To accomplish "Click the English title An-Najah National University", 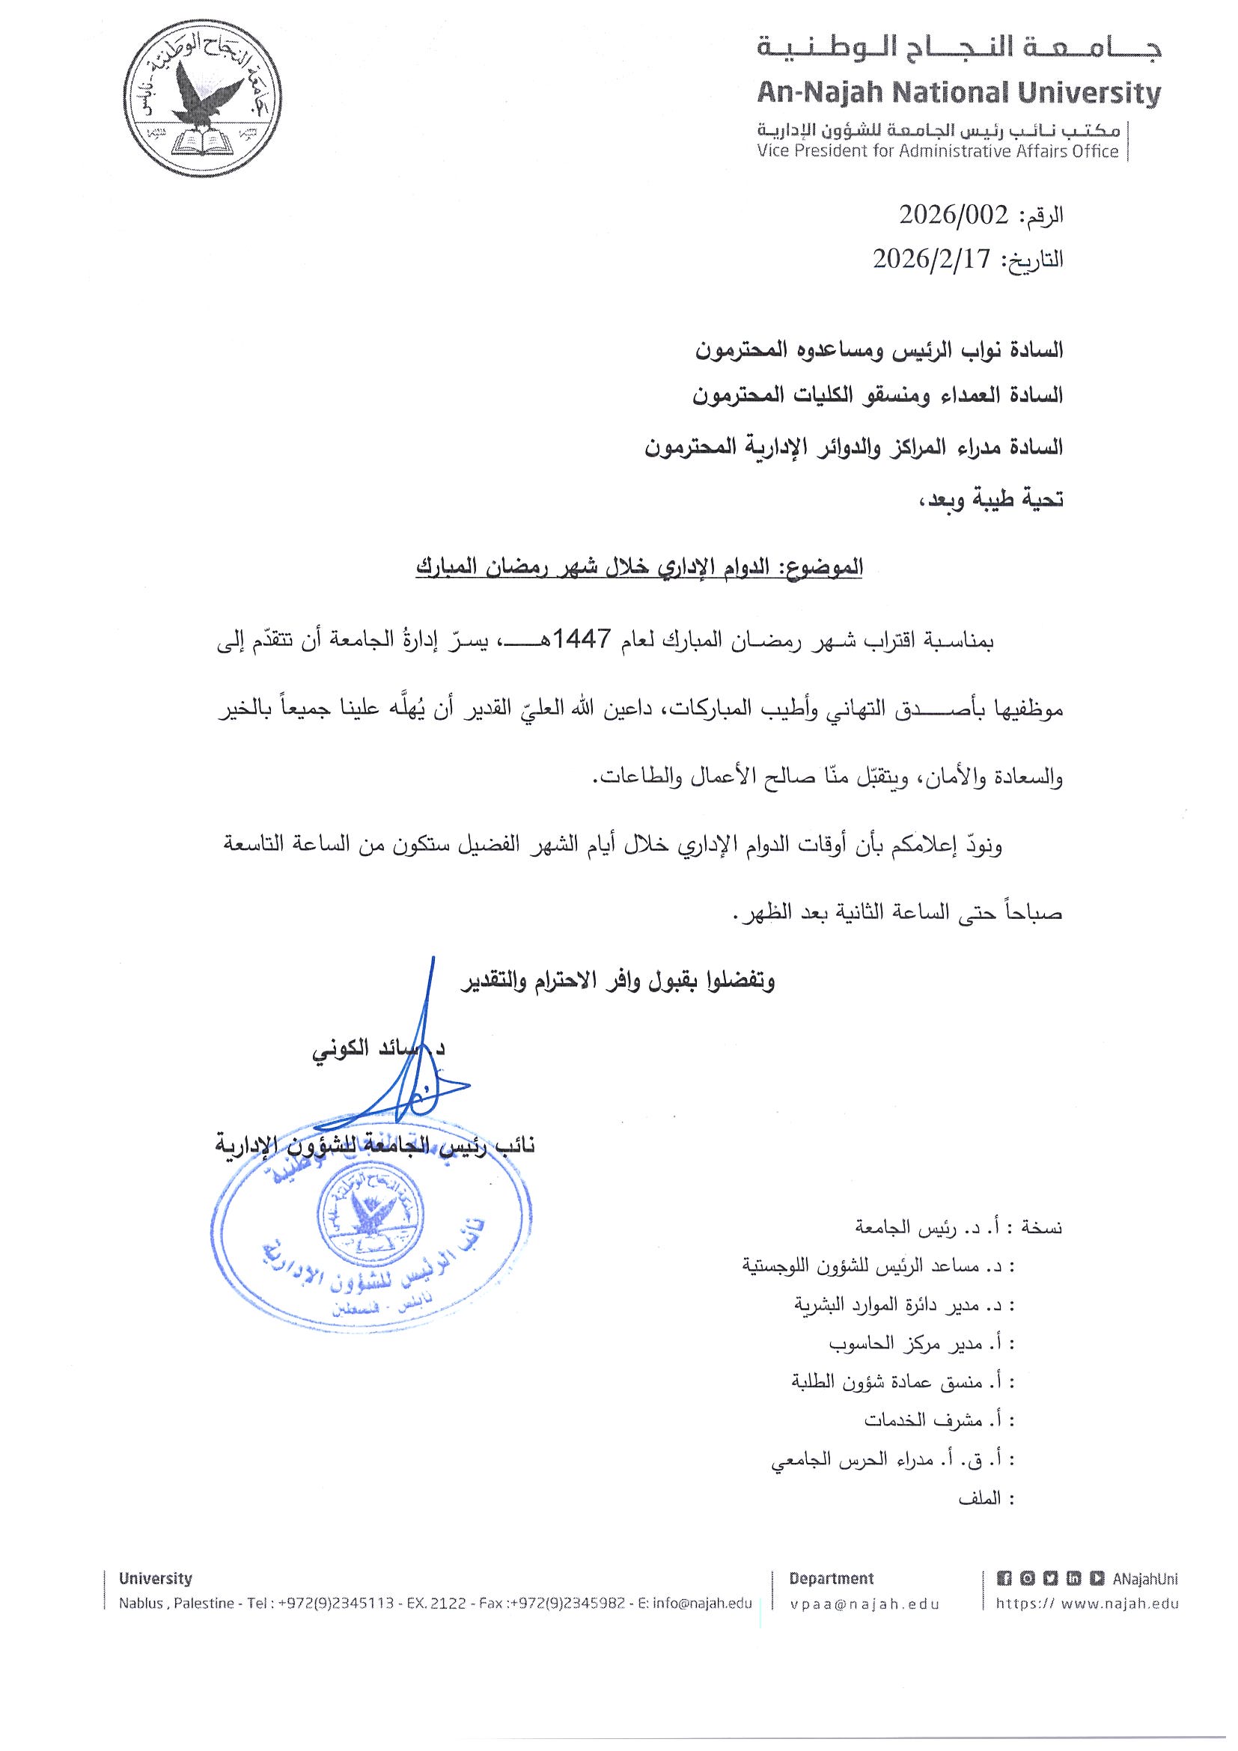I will tap(958, 94).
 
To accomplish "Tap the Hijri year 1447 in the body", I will tap(588, 641).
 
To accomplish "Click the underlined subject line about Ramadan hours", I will tap(639, 566).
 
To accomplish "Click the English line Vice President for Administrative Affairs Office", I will tap(937, 151).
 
